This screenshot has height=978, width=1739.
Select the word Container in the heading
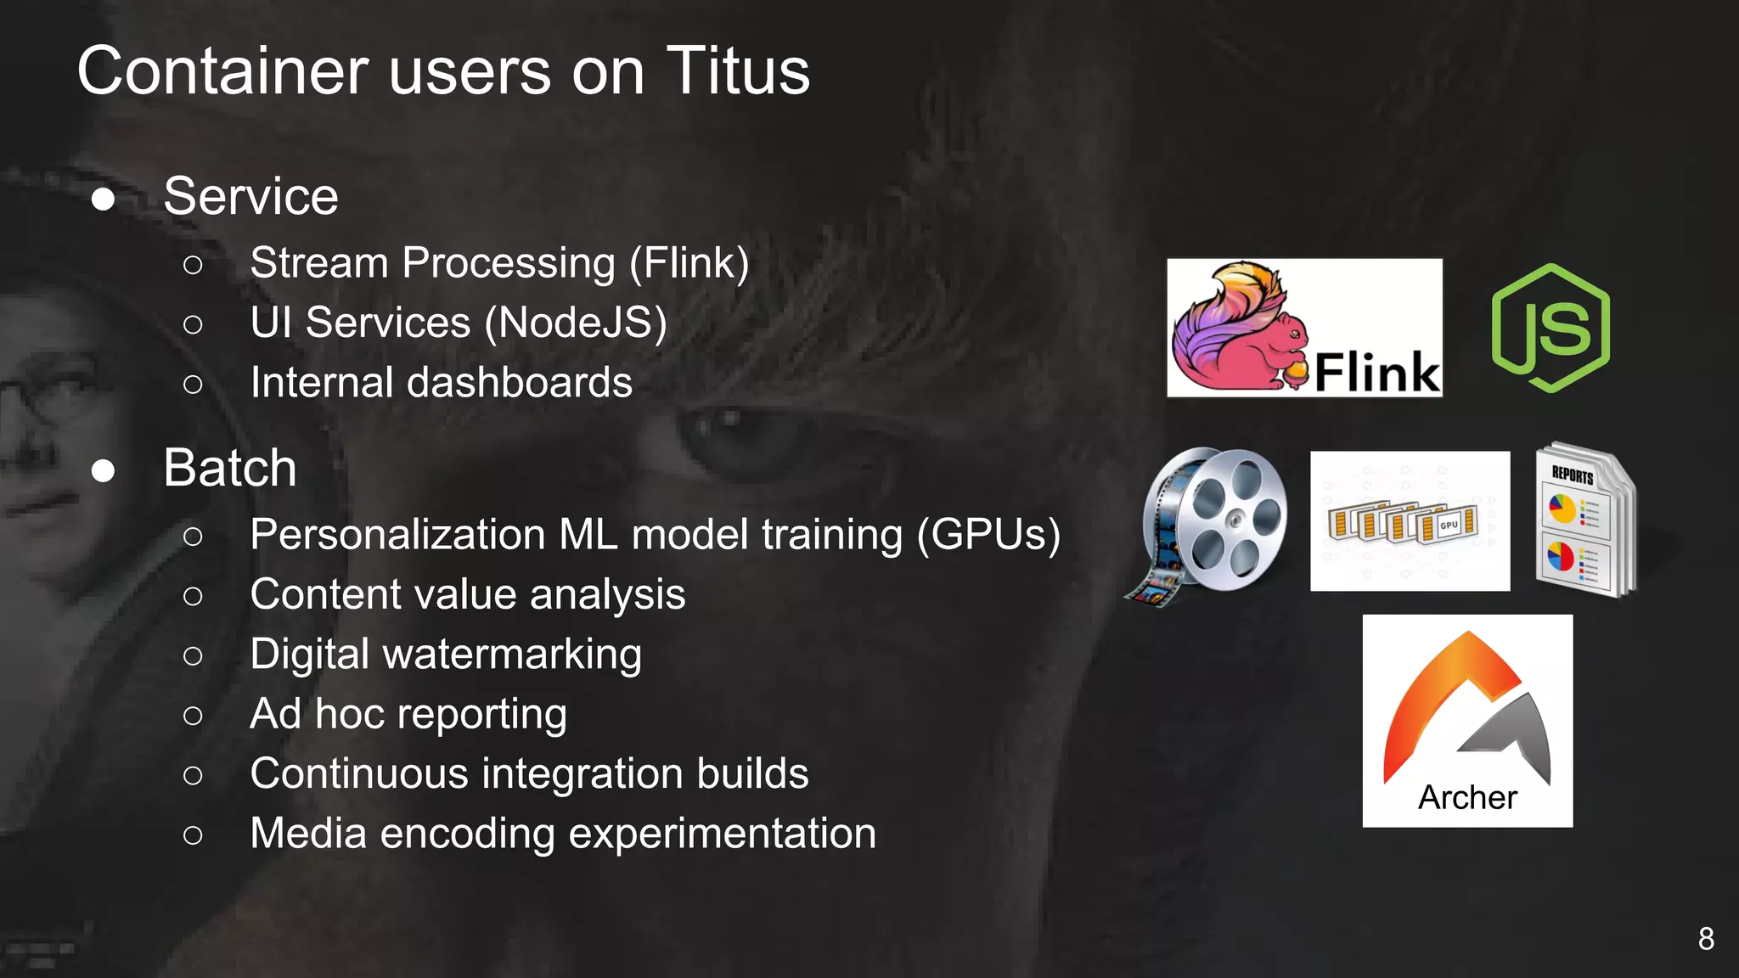tap(223, 71)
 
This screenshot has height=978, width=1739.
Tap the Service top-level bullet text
tap(250, 196)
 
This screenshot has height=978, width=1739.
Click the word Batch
tap(230, 468)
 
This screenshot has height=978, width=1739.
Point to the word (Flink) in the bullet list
tap(689, 263)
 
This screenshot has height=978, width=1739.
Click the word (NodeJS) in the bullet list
tap(575, 323)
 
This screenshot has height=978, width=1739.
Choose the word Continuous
tap(359, 773)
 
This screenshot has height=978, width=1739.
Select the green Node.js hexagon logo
tap(1550, 328)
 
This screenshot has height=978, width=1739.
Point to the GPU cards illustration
tap(1410, 521)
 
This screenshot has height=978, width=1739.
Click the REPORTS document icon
tap(1584, 520)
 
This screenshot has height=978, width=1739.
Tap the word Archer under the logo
tap(1467, 797)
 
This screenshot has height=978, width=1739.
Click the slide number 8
tap(1705, 939)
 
